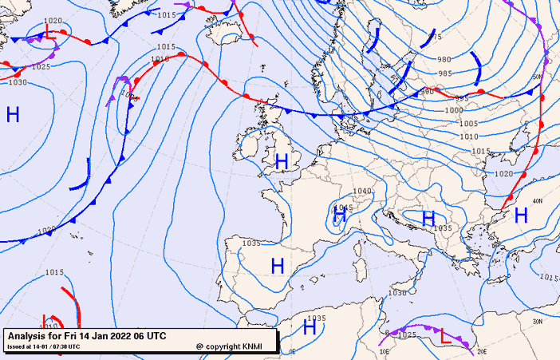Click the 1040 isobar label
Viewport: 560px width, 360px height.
[362, 192]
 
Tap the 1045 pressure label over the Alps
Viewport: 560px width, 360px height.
[344, 207]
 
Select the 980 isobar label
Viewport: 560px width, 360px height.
[444, 60]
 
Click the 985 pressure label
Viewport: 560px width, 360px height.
[445, 73]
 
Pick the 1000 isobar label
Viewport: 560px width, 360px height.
[453, 110]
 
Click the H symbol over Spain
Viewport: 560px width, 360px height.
[278, 265]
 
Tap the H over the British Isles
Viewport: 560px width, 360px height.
[281, 162]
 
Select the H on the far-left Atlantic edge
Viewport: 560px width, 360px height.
[13, 114]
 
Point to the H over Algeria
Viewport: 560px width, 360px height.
[310, 327]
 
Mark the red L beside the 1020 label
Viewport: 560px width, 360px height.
[50, 34]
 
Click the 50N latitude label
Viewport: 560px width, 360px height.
[537, 77]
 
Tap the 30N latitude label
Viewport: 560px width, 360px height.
[537, 322]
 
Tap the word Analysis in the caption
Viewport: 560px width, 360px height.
[27, 336]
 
